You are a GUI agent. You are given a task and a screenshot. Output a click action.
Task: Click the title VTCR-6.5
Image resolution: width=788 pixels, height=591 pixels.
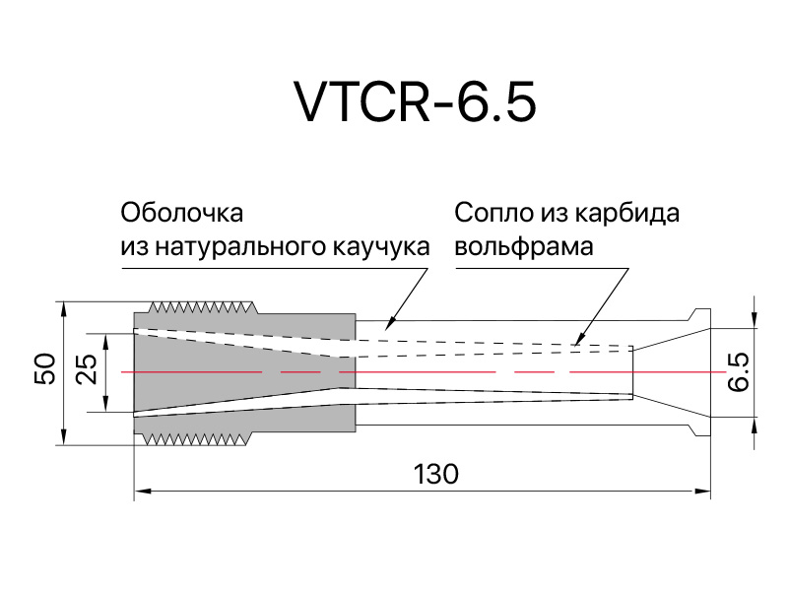pos(415,100)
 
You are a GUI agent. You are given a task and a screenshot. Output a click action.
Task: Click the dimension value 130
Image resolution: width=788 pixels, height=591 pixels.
pos(435,474)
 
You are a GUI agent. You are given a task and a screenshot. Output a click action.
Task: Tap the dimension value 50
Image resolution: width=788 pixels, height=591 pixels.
pos(44,371)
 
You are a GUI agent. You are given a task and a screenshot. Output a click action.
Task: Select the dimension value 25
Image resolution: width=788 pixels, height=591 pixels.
pos(87,371)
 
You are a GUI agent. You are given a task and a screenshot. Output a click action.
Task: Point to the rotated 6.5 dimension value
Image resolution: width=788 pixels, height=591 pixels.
pos(740,372)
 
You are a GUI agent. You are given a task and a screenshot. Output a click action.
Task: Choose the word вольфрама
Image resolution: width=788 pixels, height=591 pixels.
pos(524,246)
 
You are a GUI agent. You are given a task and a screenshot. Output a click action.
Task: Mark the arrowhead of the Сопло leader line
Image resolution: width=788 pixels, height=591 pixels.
pos(575,345)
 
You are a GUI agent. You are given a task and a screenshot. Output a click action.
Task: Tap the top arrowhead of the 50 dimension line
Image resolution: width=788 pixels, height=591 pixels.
pos(63,305)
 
